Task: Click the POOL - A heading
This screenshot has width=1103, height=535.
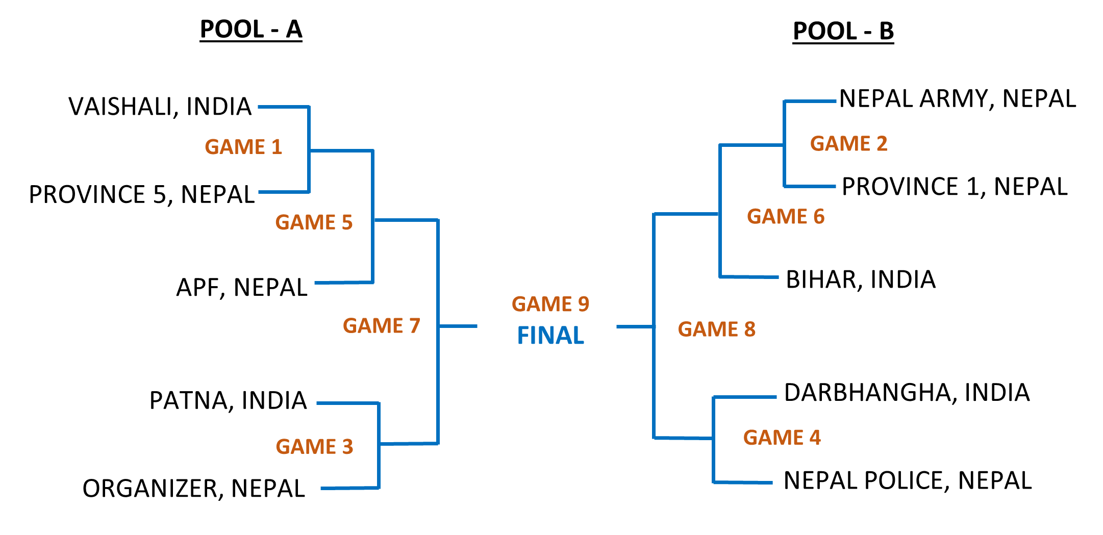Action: (251, 30)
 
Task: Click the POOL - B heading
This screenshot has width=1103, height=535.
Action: (843, 32)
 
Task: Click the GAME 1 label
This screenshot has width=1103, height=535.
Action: (243, 147)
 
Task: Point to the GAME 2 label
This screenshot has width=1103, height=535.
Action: (848, 144)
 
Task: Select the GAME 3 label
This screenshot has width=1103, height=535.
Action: (314, 447)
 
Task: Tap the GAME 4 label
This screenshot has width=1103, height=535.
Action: (782, 438)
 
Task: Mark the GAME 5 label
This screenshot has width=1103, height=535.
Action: (314, 222)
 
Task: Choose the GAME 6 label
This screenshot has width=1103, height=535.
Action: (785, 217)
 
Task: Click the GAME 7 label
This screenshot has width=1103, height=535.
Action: (381, 326)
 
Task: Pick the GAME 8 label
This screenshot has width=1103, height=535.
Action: (716, 329)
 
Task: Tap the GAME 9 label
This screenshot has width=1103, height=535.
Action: (550, 304)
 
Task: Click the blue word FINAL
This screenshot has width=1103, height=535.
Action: (550, 336)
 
